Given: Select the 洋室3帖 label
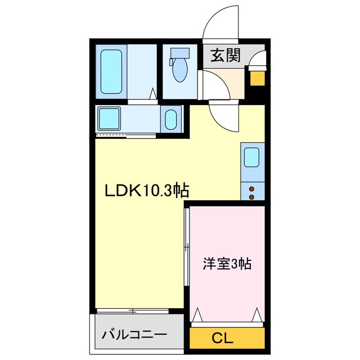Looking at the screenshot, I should point(227,264).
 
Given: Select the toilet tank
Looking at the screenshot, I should point(180,53).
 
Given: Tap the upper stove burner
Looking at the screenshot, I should point(251,188).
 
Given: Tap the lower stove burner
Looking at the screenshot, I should point(251,197).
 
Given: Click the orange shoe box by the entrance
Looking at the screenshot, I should point(258,76).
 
